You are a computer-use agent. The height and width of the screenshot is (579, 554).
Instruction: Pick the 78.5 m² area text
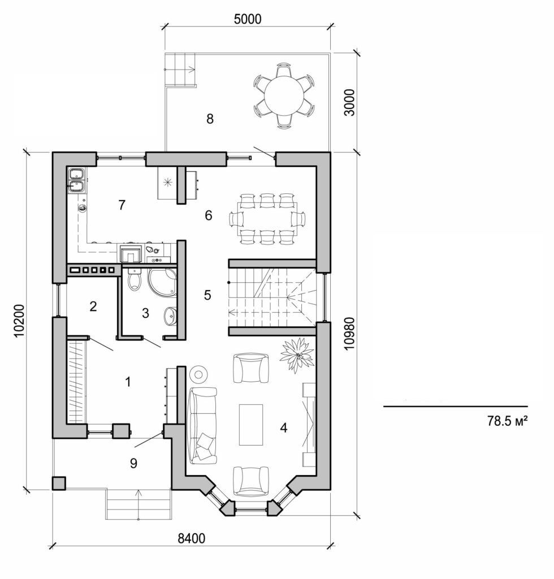507,421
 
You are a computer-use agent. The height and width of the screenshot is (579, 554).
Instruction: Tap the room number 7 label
121,205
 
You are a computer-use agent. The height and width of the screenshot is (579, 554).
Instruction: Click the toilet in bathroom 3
134,279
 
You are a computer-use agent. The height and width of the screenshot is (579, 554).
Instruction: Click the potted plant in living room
297,355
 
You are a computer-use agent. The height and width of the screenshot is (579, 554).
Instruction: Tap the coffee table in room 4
250,424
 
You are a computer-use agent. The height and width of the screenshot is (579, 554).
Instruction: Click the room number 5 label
207,295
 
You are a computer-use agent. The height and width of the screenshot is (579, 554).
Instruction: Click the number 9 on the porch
133,463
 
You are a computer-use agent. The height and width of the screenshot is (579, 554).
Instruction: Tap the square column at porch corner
58,483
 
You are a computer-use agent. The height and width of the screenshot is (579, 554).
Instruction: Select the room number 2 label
93,306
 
